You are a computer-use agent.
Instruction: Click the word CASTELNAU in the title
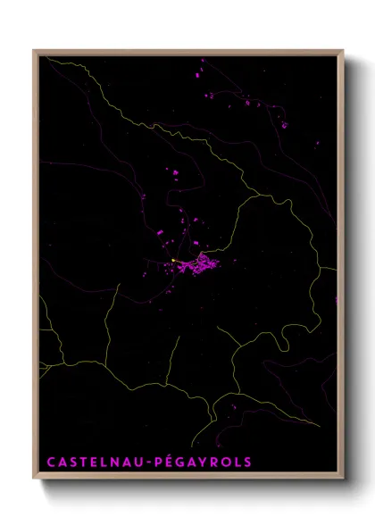[x=97, y=462]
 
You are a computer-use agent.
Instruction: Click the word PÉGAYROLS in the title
[x=205, y=462]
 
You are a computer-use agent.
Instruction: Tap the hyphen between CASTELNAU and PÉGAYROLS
[x=153, y=462]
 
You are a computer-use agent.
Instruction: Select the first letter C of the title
[x=51, y=462]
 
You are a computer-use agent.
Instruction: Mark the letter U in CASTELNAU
[x=144, y=462]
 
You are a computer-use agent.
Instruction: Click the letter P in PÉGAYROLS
[x=161, y=462]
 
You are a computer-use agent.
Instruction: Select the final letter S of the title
[x=248, y=462]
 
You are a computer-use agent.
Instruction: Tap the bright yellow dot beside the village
[x=173, y=261]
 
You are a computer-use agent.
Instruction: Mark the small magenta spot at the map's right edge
[x=337, y=300]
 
